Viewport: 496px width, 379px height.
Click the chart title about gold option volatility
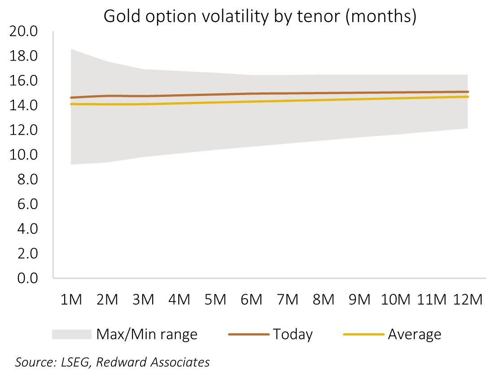[260, 17]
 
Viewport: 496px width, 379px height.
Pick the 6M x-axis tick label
[251, 300]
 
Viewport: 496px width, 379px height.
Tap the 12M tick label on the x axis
[467, 300]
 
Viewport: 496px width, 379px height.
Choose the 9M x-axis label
[359, 300]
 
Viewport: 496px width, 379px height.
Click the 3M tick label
[143, 300]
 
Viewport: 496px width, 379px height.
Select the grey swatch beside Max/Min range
[72, 335]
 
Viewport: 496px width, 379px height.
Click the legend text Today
[292, 335]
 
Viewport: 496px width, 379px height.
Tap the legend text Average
[414, 335]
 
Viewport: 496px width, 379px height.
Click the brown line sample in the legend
[249, 335]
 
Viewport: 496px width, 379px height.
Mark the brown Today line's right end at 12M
[468, 92]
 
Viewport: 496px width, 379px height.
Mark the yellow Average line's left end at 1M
[71, 104]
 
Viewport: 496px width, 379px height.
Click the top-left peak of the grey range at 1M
[72, 49]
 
